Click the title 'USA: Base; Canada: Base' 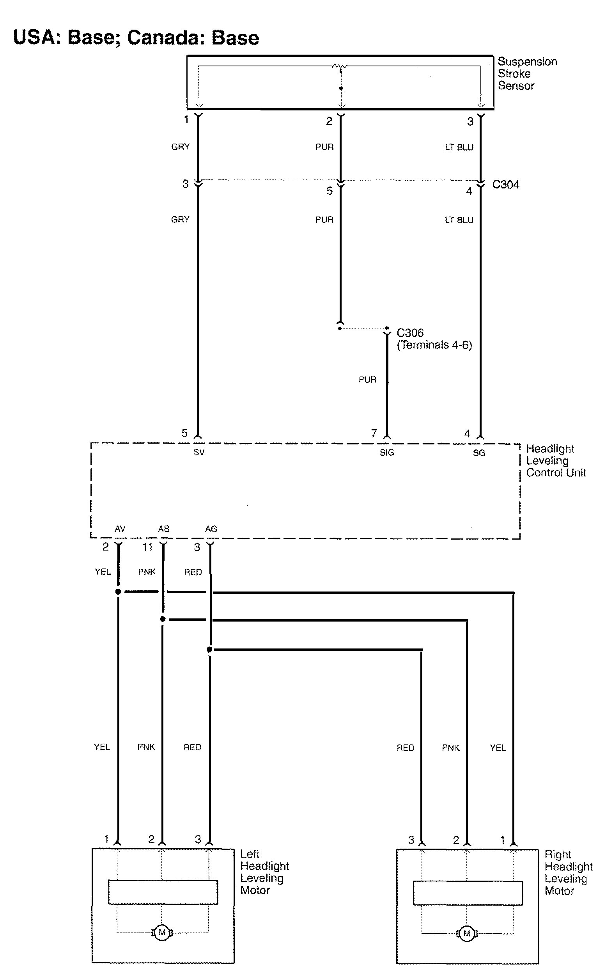coord(136,38)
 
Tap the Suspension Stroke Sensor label coord(527,73)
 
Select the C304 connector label coord(505,185)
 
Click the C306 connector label coord(410,332)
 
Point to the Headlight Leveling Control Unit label coord(555,460)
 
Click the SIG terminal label coord(387,453)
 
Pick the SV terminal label coord(198,452)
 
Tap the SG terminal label coord(479,453)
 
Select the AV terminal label coord(120,529)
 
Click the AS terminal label coord(163,529)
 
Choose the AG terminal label coord(211,529)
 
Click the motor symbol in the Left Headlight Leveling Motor coord(162,933)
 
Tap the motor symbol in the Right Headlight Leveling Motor coord(467,933)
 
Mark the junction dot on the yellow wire coord(118,592)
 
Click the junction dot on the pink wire coord(163,619)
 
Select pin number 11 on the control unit coord(147,547)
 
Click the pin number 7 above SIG coord(374,433)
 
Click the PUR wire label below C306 coord(367,380)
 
